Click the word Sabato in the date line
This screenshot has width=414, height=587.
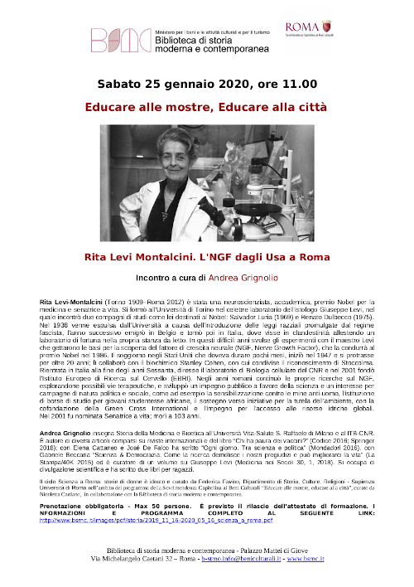(120, 84)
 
